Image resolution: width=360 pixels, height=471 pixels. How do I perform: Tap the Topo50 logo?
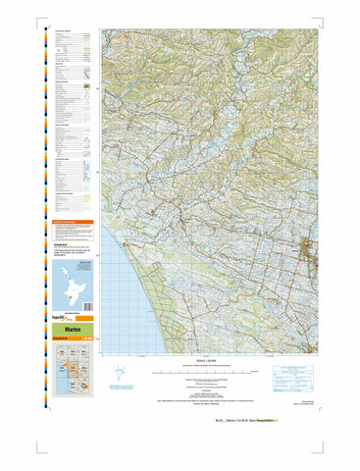[x=60, y=320]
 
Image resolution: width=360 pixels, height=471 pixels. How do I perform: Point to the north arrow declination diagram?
[x=119, y=375]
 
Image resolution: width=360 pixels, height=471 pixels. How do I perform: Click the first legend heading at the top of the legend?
[x=65, y=32]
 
